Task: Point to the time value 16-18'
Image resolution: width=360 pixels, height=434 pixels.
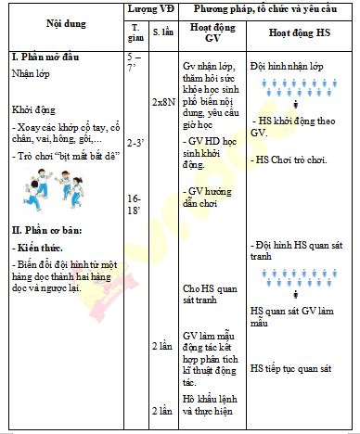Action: click(x=135, y=204)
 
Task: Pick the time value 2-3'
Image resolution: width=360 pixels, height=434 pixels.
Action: click(x=135, y=142)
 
